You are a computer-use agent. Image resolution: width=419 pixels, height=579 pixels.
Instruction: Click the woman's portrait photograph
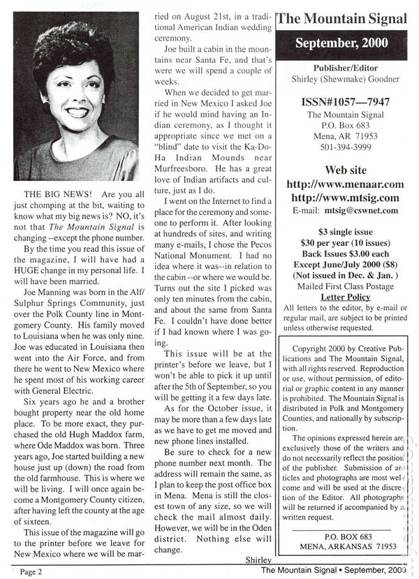76,97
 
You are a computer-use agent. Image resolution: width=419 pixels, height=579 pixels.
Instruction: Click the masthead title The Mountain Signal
341,20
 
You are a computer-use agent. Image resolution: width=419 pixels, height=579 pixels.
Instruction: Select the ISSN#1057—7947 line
341,102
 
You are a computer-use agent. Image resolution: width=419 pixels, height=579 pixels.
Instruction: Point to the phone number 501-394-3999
341,146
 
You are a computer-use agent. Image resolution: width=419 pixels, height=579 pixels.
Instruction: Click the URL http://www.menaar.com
341,184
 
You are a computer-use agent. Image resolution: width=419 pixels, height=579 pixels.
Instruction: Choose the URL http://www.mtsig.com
341,198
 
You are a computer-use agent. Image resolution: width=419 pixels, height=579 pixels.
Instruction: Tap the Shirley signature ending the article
258,560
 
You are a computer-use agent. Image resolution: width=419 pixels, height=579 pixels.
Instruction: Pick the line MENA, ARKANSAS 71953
341,545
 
